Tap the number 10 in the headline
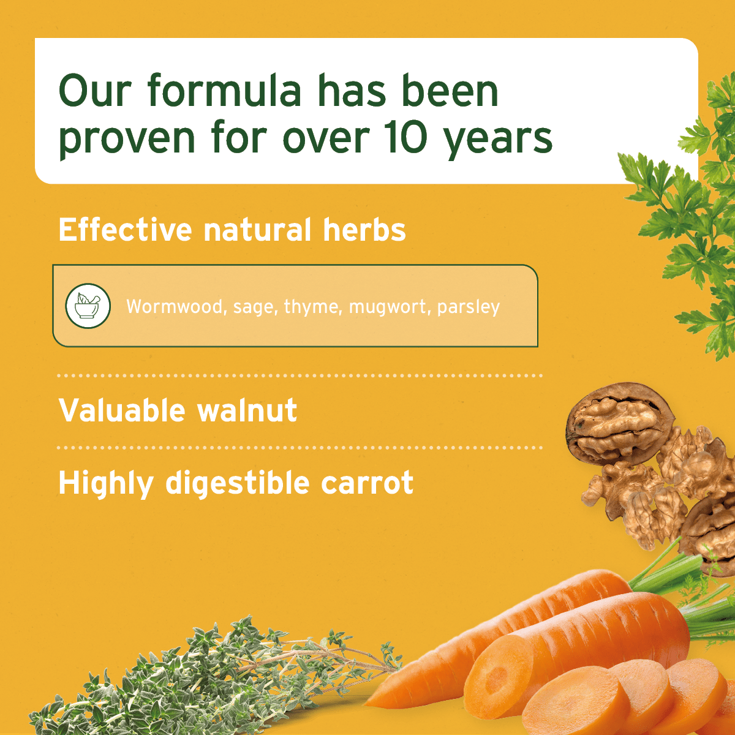click(x=405, y=138)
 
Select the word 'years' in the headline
click(x=498, y=140)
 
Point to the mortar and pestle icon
click(x=88, y=306)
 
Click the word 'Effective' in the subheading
click(x=125, y=230)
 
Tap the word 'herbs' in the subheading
click(x=364, y=230)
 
